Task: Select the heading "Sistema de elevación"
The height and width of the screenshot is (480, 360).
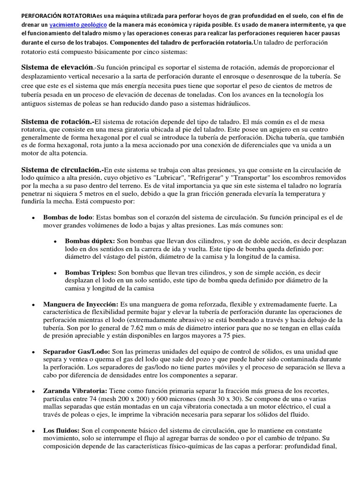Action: pyautogui.click(x=57, y=67)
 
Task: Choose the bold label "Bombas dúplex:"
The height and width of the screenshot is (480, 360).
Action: pyautogui.click(x=90, y=240)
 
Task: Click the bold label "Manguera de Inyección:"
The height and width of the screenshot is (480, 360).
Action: pyautogui.click(x=81, y=304)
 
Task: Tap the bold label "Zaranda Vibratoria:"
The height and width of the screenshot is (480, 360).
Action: pyautogui.click(x=75, y=391)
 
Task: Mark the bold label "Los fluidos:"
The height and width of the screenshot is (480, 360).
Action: pyautogui.click(x=61, y=430)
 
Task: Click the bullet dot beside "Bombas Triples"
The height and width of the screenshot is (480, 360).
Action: pyautogui.click(x=55, y=272)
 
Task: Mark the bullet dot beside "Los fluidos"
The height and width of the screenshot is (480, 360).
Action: pyautogui.click(x=33, y=430)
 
